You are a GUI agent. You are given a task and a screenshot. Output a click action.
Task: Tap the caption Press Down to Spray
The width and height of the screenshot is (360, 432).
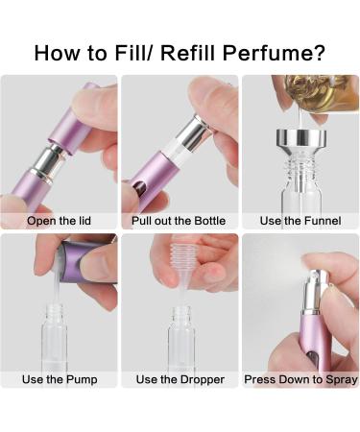click(299, 378)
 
